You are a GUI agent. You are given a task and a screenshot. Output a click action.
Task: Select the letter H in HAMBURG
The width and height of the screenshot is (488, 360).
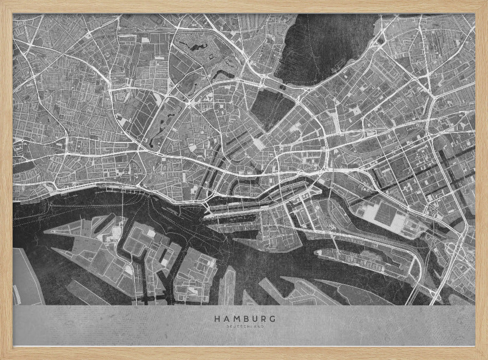216,319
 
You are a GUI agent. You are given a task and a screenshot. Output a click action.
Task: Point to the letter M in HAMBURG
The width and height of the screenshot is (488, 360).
236,319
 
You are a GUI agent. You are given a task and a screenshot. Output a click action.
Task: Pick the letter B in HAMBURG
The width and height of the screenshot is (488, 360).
245,319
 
